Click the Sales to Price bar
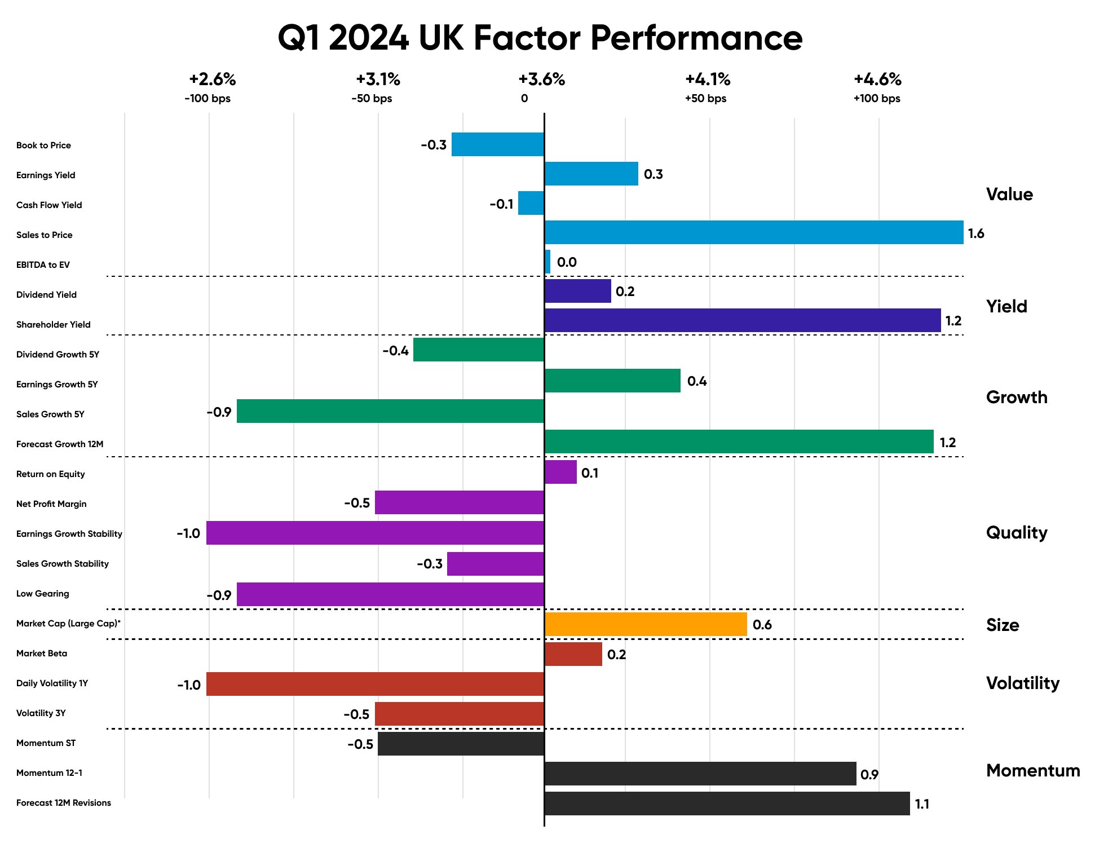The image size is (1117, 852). tap(753, 232)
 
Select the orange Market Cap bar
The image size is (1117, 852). tap(646, 624)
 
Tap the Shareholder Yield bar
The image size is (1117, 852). tap(742, 320)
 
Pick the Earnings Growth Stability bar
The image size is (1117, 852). tap(375, 533)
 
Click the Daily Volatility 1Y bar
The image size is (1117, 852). tap(375, 684)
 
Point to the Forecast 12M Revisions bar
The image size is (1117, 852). tap(727, 804)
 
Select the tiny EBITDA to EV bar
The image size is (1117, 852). tap(548, 262)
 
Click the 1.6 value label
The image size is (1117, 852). tap(975, 233)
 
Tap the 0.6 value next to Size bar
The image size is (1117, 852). tap(762, 625)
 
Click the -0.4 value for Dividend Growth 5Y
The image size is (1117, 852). tap(395, 351)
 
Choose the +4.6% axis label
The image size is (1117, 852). tap(877, 80)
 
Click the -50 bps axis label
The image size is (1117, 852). tap(372, 99)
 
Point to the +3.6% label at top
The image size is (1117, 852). tap(541, 80)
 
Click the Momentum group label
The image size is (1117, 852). tap(1032, 770)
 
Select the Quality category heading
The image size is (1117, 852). tap(1016, 532)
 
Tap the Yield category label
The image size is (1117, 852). tap(1006, 306)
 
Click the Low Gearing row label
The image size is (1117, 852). tap(43, 594)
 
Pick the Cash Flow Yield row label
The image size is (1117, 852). tap(49, 205)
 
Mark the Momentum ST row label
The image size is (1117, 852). tap(46, 743)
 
